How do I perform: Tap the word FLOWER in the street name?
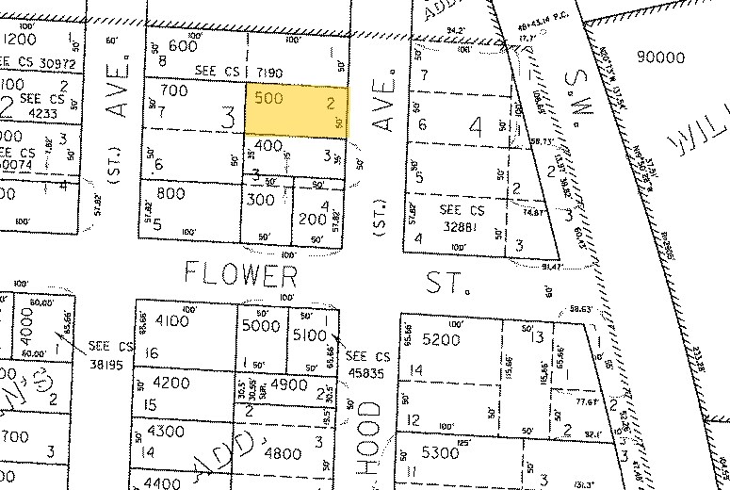coord(241,276)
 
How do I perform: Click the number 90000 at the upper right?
coord(660,57)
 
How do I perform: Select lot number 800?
coord(171,195)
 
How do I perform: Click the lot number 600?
coord(182,47)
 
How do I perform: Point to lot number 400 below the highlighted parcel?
coord(268,146)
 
